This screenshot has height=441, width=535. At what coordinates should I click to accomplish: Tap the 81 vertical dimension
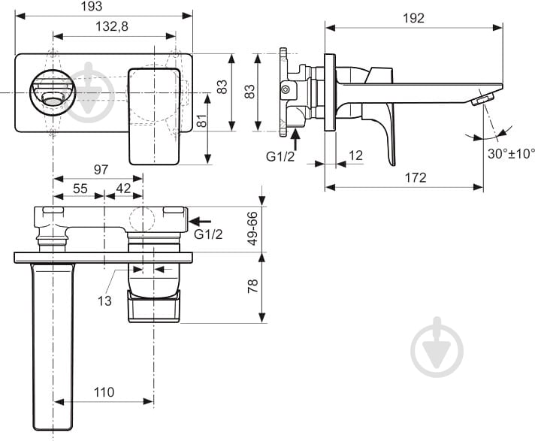(x=201, y=120)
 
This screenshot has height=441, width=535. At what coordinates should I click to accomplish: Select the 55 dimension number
(x=79, y=188)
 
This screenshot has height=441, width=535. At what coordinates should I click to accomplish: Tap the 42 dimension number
(x=123, y=188)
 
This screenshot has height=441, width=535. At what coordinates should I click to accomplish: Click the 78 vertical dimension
(x=253, y=286)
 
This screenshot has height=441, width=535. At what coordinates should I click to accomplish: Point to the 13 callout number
(x=104, y=301)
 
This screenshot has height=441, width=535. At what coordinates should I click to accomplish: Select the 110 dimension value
(x=104, y=391)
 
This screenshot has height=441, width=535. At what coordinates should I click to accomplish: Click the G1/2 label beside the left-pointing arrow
(x=209, y=234)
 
